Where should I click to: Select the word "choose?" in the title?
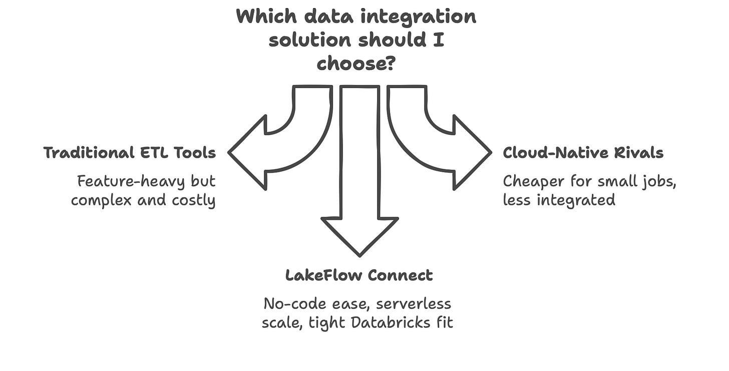pyautogui.click(x=356, y=64)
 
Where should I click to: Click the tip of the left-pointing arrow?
pyautogui.click(x=230, y=152)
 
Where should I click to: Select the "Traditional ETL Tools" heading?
pyautogui.click(x=130, y=152)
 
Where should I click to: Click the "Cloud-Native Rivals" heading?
pyautogui.click(x=583, y=152)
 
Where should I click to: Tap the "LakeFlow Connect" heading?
pyautogui.click(x=359, y=275)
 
